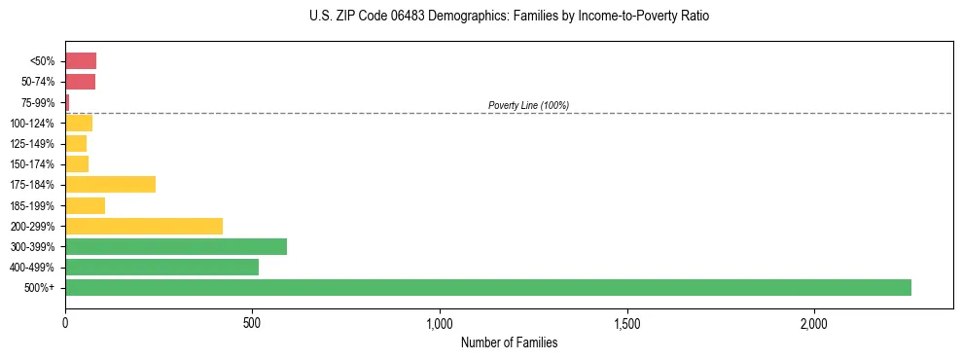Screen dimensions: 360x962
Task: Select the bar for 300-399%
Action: [176, 246]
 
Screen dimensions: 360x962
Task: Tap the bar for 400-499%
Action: [161, 267]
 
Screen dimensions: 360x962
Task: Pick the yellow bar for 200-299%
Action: [144, 226]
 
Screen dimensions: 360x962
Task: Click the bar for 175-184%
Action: [110, 184]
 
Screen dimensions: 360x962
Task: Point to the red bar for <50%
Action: [81, 61]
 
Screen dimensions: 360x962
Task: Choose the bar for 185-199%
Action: [85, 205]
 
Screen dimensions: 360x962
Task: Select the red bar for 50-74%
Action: [80, 82]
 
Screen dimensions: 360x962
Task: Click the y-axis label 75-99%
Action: [38, 102]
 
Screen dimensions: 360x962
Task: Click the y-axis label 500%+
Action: [40, 288]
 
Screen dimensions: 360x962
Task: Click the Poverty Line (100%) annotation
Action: [528, 105]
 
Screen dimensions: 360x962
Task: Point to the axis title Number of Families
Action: [509, 342]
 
